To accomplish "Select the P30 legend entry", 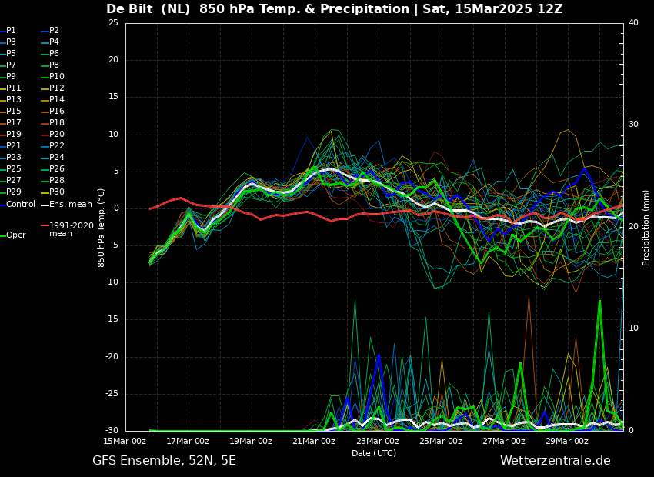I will pos(56,192).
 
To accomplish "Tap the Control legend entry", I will pos(20,204).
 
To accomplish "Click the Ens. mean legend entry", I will pos(70,204).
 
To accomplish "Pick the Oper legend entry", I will pos(15,235).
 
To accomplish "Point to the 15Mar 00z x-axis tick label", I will pos(125,441).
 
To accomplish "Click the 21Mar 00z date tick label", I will pos(314,441).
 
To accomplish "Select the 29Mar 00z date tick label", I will pos(567,441).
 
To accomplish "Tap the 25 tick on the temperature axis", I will pos(113,23).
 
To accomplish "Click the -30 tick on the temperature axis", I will pos(112,431).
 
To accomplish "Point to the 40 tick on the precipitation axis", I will pos(633,23).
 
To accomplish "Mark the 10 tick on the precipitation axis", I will pos(633,329).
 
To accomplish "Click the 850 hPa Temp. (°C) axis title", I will pos(102,227).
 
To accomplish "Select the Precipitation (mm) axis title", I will pos(646,227).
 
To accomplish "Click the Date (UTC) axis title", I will pos(374,453).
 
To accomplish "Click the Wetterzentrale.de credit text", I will pos(555,461).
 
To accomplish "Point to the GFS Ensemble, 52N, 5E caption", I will pos(164,461).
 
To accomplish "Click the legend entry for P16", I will pos(56,112).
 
